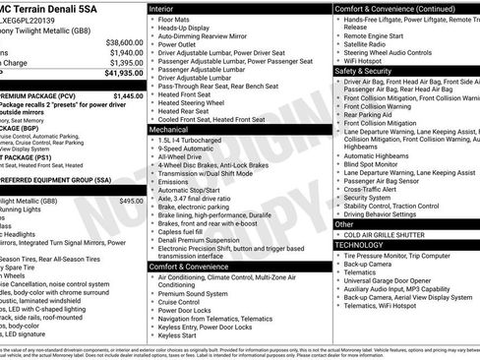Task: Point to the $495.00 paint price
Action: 130,201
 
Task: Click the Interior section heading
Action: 162,8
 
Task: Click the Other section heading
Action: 345,224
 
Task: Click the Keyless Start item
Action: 177,335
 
